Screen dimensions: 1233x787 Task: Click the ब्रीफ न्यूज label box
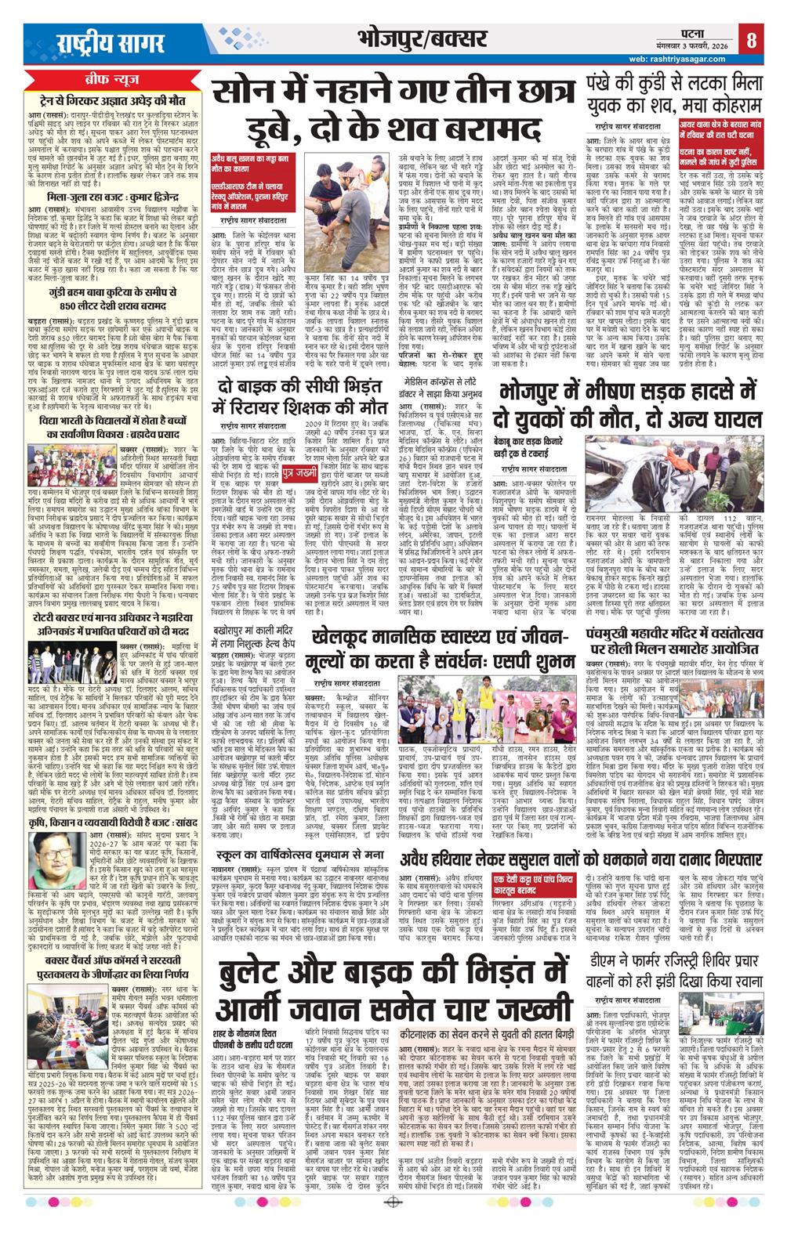coord(112,81)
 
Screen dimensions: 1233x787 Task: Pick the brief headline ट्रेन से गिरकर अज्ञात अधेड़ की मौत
coord(113,99)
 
